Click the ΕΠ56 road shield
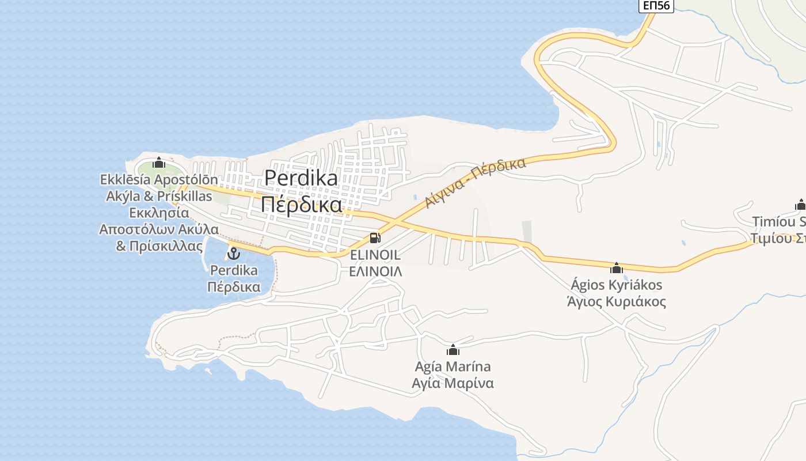point(656,5)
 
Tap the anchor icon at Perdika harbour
point(234,253)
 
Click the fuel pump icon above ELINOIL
point(375,237)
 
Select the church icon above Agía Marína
point(453,350)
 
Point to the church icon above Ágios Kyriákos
point(617,268)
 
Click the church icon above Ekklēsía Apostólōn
point(159,163)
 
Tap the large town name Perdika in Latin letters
point(301,179)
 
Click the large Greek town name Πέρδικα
point(301,204)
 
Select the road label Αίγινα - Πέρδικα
point(476,182)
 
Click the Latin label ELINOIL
point(375,255)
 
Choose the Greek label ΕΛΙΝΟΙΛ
point(375,271)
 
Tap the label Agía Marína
point(453,366)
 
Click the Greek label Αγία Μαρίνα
point(453,383)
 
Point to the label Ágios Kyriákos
point(617,285)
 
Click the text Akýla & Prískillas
point(159,196)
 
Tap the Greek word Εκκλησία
point(159,213)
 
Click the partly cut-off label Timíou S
point(778,222)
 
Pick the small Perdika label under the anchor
point(234,270)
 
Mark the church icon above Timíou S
point(800,205)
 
